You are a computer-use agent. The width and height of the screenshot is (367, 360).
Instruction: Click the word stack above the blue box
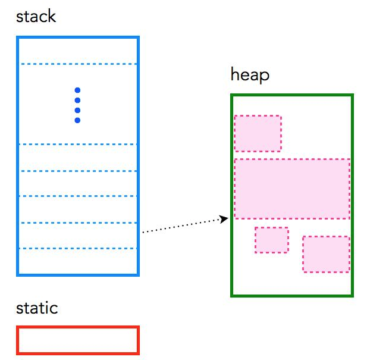[x=36, y=16]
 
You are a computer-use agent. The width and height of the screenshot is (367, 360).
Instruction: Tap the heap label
[x=250, y=75]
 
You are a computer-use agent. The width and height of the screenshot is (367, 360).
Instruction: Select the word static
[x=37, y=308]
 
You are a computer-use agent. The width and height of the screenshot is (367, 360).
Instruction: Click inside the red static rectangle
[x=78, y=340]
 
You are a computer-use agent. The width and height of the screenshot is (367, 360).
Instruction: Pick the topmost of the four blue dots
[x=77, y=90]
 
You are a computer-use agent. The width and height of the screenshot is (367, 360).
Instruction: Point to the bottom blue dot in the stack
[x=77, y=121]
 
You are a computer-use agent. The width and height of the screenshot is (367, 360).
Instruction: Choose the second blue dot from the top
[x=77, y=101]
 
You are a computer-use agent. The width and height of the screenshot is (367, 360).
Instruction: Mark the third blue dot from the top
[x=77, y=111]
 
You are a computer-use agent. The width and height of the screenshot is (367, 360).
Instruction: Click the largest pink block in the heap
[x=291, y=189]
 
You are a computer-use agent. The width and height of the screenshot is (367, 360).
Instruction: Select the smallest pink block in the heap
[x=272, y=240]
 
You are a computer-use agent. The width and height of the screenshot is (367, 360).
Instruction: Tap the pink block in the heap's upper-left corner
[x=258, y=133]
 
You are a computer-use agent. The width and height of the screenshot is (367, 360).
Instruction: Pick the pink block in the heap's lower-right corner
[x=326, y=254]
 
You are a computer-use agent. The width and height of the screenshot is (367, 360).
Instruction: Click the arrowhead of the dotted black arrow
[x=225, y=220]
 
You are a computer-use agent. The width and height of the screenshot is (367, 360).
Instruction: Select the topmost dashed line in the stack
[x=78, y=64]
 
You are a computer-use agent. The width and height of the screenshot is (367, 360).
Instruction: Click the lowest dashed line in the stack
[x=78, y=248]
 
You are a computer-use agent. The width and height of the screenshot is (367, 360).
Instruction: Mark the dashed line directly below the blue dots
[x=78, y=144]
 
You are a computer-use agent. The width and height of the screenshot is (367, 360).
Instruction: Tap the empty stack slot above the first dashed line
[x=78, y=51]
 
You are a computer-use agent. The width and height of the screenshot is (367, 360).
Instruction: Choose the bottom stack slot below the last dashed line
[x=78, y=261]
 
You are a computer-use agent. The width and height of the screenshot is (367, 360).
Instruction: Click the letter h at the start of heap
[x=234, y=75]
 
